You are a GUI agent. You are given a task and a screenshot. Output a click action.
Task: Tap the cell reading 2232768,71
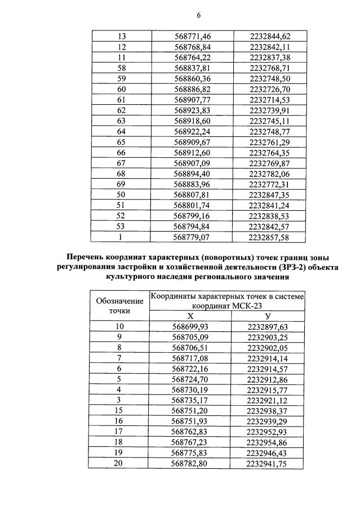[x=269, y=68]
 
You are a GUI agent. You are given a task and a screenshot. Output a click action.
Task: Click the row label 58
[x=121, y=68]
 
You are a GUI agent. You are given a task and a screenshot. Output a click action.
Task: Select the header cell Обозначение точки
[x=120, y=305]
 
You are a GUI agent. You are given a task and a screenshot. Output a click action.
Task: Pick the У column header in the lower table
[x=268, y=317]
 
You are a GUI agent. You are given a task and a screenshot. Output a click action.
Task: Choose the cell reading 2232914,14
[x=268, y=358]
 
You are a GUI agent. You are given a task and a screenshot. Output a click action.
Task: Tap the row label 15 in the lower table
[x=119, y=411]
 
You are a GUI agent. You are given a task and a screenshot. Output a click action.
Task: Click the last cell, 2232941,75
[x=268, y=464]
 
